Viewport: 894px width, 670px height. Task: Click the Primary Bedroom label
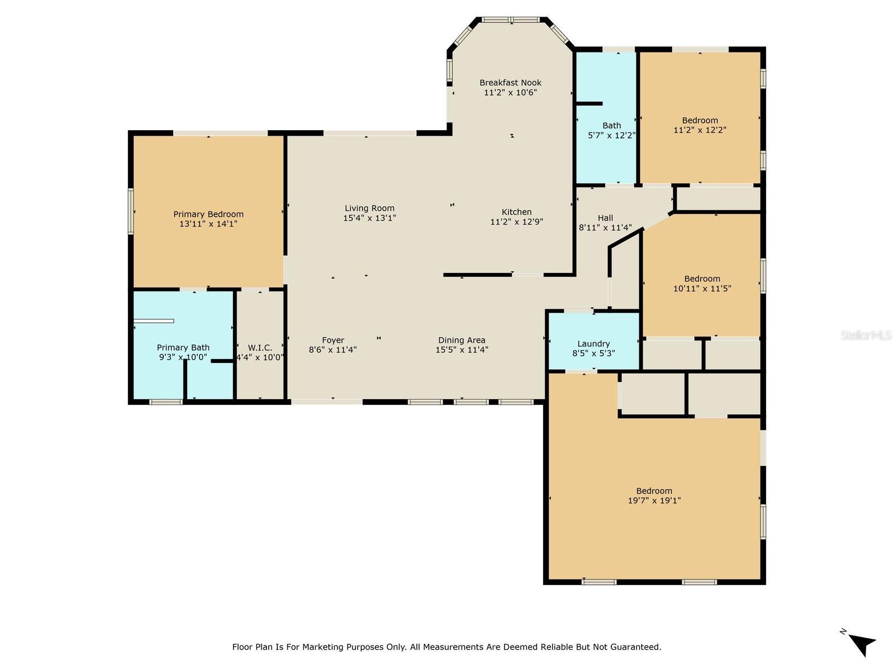point(208,214)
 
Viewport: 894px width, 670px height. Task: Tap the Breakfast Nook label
point(510,83)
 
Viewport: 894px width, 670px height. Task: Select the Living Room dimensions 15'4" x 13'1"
point(369,218)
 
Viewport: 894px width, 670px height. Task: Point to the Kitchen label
point(516,212)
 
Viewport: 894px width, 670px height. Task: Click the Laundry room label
point(593,344)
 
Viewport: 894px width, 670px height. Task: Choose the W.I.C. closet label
point(259,348)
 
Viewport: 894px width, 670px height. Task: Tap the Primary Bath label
point(183,347)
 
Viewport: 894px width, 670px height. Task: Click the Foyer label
point(333,340)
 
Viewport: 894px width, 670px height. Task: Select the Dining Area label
point(462,340)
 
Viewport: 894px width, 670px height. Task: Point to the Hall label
point(605,218)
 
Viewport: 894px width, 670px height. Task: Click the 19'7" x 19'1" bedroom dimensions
point(654,500)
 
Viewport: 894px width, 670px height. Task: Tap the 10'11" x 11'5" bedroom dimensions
point(702,289)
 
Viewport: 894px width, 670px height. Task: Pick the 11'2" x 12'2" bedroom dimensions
point(700,130)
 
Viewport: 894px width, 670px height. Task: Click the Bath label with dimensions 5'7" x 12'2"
point(611,126)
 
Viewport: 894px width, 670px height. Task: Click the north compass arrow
point(862,644)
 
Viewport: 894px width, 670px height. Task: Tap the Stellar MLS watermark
point(866,335)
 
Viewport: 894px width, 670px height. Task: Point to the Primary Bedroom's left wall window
point(131,211)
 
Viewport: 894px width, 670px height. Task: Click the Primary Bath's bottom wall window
point(166,403)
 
